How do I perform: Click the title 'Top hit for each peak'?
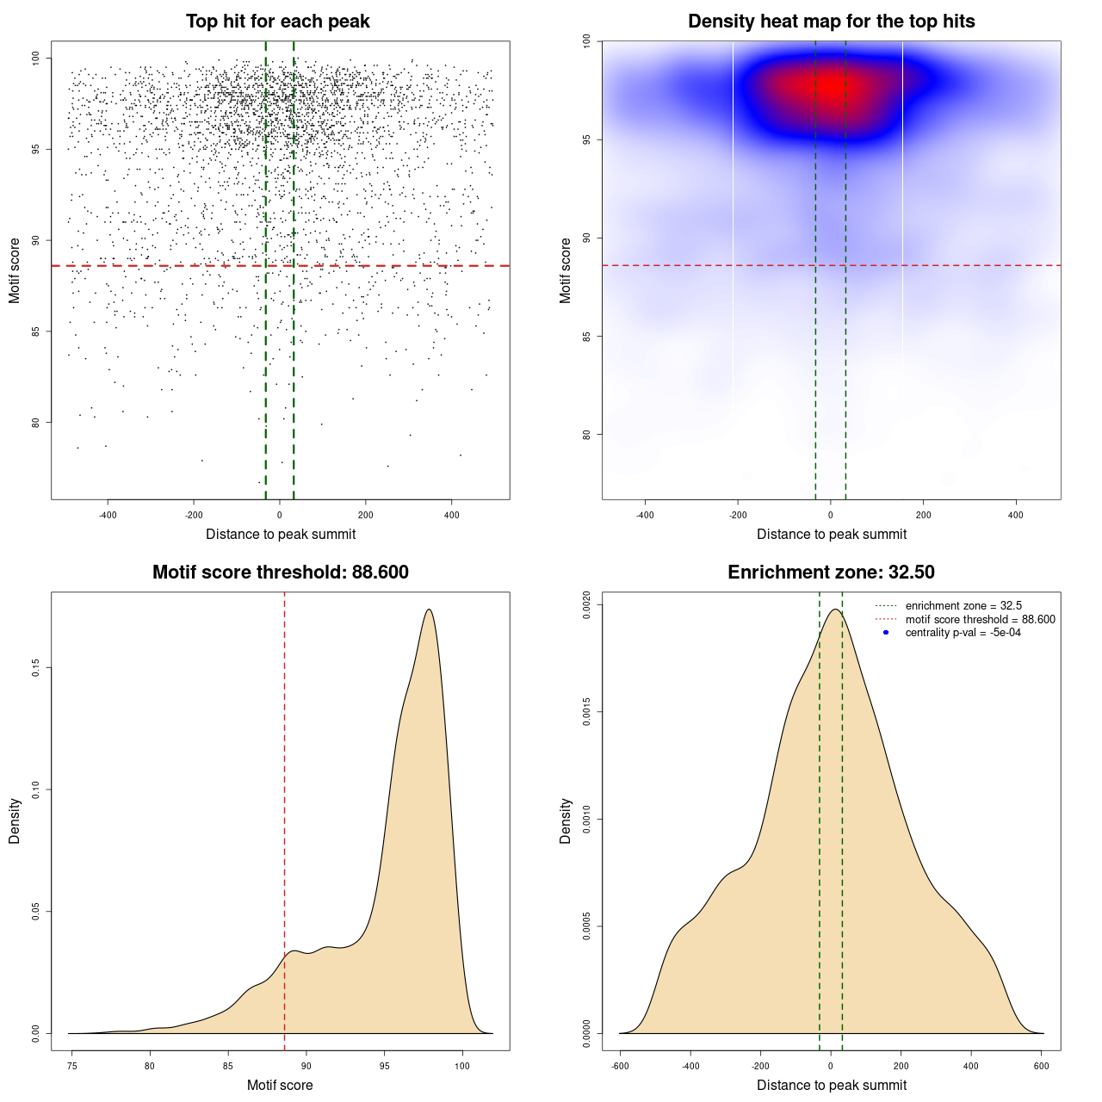point(277,22)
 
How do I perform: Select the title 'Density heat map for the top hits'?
point(831,22)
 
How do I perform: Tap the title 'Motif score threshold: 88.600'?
point(280,573)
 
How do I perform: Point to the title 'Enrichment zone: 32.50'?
point(831,573)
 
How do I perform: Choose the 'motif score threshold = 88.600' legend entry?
point(980,620)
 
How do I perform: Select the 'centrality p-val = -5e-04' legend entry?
point(963,633)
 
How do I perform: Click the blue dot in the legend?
point(886,633)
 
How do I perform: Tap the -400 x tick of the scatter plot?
point(108,516)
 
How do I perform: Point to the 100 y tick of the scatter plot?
point(36,59)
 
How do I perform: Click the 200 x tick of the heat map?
point(923,516)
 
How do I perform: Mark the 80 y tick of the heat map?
point(587,435)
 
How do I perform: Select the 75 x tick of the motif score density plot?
point(72,1067)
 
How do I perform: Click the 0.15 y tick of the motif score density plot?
point(36,668)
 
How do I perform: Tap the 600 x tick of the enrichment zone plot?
point(1042,1067)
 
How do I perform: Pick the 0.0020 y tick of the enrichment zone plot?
point(587,605)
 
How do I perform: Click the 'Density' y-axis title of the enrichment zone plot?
point(566,820)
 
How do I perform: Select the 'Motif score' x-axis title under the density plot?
point(280,1086)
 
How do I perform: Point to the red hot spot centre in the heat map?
point(829,86)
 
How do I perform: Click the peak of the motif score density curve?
point(428,610)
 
